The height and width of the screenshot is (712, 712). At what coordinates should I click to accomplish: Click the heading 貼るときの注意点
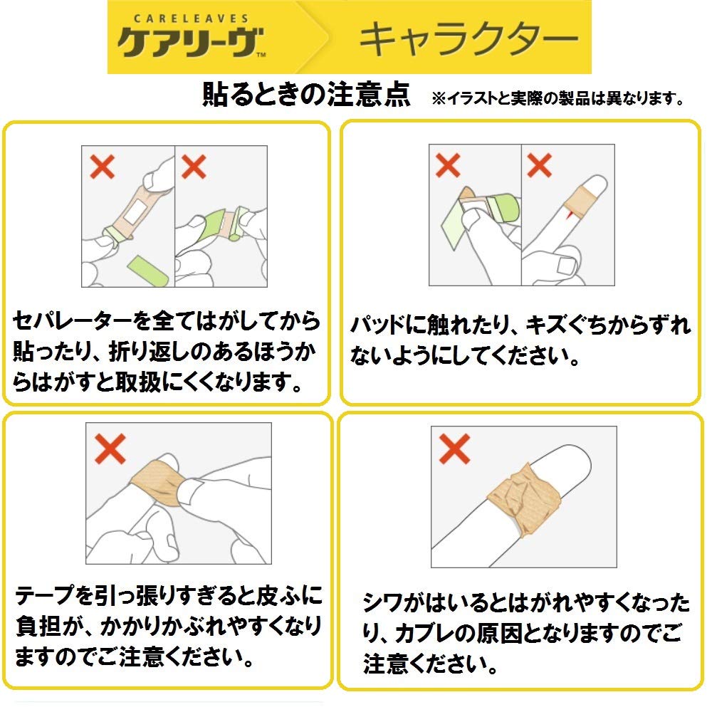click(307, 95)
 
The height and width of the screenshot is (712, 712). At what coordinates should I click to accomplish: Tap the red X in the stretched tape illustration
click(110, 447)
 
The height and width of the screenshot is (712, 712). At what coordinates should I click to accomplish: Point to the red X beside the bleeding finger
click(540, 166)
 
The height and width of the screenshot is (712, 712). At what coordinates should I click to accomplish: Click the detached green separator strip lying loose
click(147, 270)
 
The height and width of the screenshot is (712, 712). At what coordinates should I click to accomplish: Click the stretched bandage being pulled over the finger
click(157, 478)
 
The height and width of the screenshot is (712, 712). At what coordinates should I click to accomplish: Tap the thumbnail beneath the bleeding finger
click(567, 265)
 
